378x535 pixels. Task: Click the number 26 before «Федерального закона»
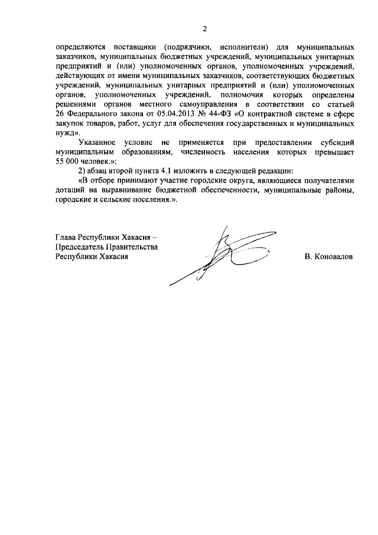click(60, 114)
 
